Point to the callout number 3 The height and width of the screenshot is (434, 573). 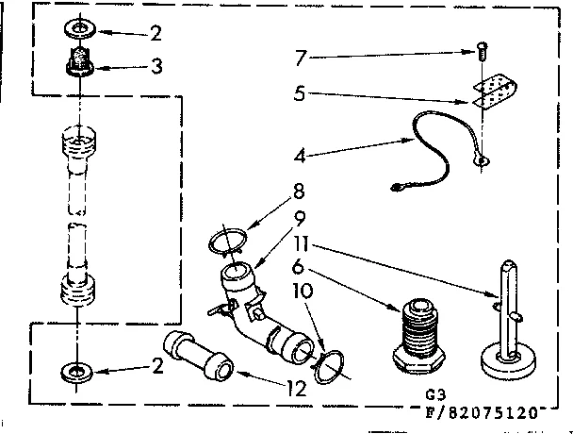click(156, 67)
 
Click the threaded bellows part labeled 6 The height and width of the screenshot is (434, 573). click(417, 335)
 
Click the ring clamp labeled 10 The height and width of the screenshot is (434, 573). click(331, 367)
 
